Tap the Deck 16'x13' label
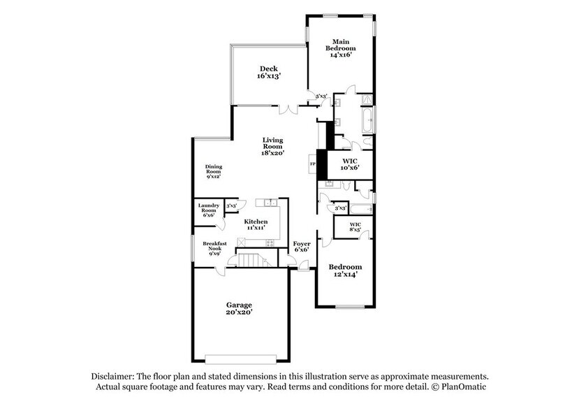270,72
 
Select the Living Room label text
272,146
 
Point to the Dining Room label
214,172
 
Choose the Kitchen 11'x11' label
256,225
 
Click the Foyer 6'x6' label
302,247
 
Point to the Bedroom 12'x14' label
345,271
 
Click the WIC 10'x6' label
349,164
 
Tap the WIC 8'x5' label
355,226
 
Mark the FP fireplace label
312,165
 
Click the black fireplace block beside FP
323,165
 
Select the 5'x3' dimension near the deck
322,96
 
